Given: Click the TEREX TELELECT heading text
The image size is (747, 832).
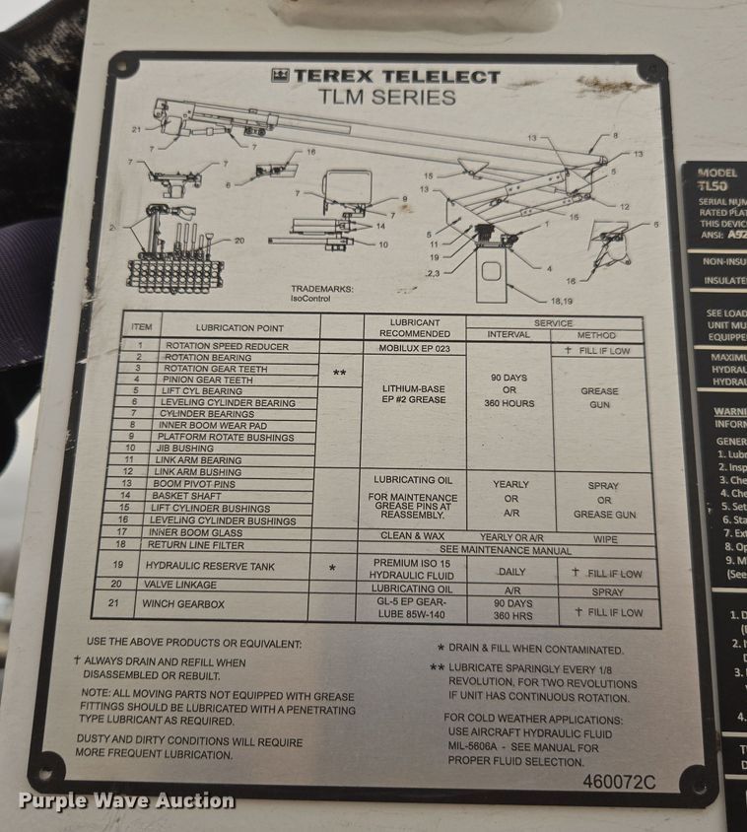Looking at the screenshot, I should click(x=386, y=76).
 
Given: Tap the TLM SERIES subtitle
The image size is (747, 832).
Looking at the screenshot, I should click(x=386, y=98).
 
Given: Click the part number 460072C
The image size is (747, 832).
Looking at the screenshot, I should click(x=618, y=781).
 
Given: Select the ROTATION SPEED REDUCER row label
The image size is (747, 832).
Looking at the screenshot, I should click(x=227, y=347).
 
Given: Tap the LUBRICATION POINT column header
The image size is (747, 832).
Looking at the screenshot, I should click(x=238, y=328).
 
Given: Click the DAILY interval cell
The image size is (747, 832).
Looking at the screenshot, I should click(x=510, y=572).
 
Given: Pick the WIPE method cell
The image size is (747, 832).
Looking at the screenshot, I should click(x=605, y=539).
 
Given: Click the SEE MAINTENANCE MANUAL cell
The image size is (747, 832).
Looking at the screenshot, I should click(x=505, y=549).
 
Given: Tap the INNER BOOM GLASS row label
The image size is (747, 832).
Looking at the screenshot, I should click(x=198, y=532).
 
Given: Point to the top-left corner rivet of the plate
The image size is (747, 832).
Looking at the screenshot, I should click(x=122, y=69).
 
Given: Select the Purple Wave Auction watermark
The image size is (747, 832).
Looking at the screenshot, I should click(x=126, y=800).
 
